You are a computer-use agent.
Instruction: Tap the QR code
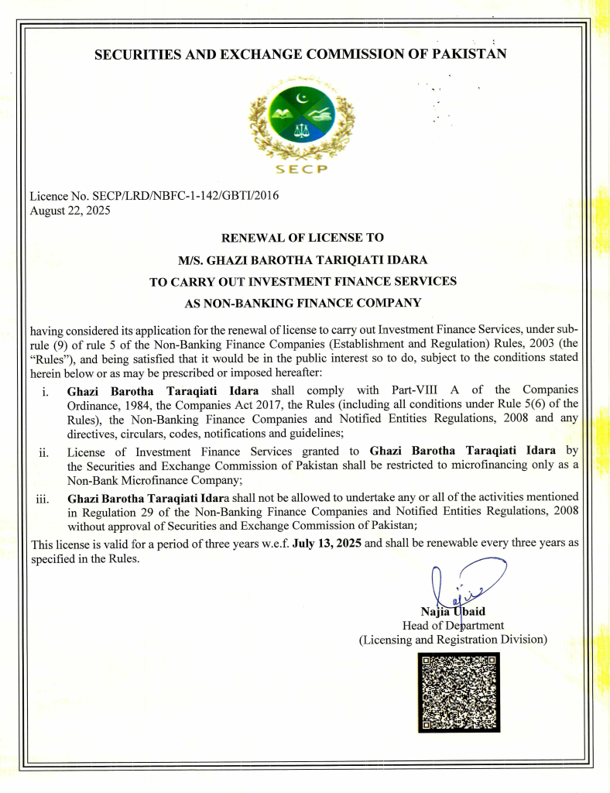458,692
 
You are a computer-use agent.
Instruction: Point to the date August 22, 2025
70,211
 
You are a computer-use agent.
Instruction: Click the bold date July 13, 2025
327,543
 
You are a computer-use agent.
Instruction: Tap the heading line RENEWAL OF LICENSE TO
303,238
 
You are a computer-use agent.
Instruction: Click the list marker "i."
47,390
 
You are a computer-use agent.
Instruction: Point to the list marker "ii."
44,452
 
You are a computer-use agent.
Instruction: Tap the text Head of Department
453,625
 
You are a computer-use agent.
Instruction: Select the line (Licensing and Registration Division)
453,640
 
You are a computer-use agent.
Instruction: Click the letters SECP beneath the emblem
302,170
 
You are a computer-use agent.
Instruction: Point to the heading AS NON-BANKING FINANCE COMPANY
303,303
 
